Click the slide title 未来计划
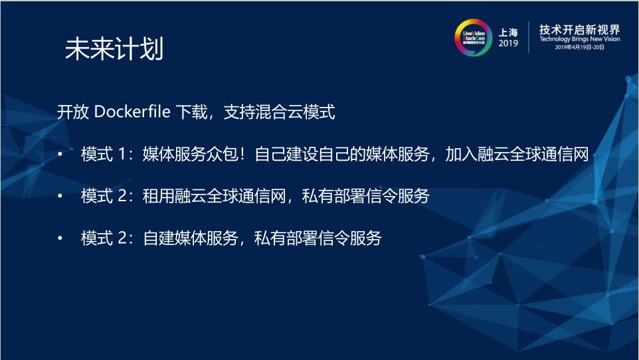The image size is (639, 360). (x=114, y=50)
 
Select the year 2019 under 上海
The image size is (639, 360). (x=508, y=43)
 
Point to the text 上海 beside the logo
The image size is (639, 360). (x=508, y=31)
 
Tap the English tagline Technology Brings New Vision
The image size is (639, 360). (x=579, y=39)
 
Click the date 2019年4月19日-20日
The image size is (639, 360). (x=579, y=48)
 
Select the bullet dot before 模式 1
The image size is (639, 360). (x=60, y=155)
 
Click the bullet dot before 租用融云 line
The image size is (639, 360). (x=60, y=197)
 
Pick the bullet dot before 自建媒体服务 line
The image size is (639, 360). (x=60, y=238)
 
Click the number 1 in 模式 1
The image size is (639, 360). (x=122, y=155)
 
